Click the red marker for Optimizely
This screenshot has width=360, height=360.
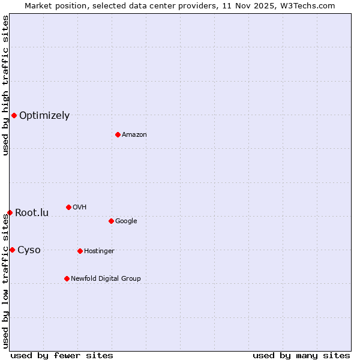pos(14,115)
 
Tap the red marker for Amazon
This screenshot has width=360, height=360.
pos(118,134)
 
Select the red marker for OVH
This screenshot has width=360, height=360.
pos(68,207)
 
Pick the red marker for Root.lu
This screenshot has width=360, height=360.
pos(10,212)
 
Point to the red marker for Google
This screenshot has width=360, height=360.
pos(111,221)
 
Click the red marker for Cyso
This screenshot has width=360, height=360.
pos(12,250)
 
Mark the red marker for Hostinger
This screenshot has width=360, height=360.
pos(80,251)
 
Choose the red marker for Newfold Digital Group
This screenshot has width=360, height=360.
pos(67,278)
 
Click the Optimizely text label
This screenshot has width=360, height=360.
pos(44,116)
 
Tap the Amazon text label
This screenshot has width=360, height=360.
pos(134,135)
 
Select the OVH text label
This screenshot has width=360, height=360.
pos(80,208)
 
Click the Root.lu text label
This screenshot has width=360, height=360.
pos(32,213)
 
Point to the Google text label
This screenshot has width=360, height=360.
pos(126,221)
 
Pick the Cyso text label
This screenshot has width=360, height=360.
pos(29,250)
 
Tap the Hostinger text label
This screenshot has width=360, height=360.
pos(99,251)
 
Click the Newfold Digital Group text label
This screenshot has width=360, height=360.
pos(106,279)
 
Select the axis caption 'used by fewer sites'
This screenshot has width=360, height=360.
pos(62,355)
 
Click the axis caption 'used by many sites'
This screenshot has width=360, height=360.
pos(301,355)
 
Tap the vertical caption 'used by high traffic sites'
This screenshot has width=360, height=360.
pos(5,85)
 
